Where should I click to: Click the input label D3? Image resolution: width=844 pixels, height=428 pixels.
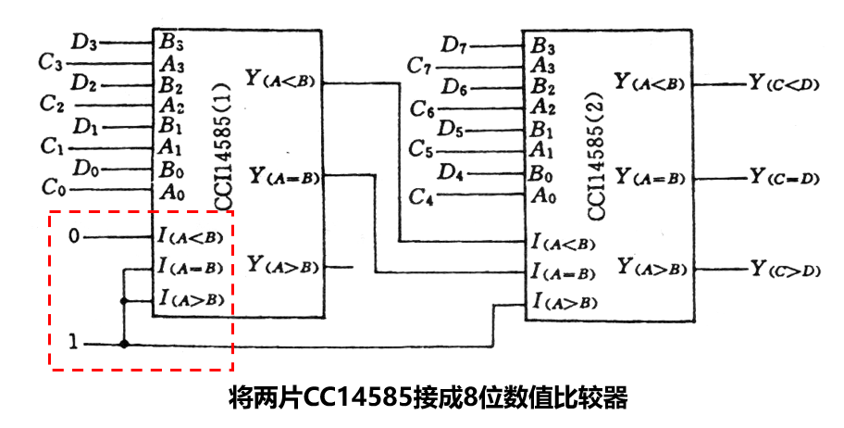[83, 42]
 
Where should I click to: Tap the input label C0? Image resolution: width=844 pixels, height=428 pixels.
[55, 188]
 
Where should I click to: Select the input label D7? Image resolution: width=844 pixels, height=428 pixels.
[453, 44]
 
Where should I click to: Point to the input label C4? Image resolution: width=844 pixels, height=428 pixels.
[421, 197]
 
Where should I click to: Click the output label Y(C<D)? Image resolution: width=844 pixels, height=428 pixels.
[784, 83]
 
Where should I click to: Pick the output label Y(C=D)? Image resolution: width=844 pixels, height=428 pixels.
[784, 176]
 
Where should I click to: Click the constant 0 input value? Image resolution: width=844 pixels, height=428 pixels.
[74, 236]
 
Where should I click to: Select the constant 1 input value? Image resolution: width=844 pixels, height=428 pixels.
[74, 342]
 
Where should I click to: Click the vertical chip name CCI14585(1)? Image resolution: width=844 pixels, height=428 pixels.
[222, 145]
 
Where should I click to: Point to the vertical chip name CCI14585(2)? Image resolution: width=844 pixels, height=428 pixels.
[596, 157]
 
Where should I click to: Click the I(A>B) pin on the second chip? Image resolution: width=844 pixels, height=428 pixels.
[564, 301]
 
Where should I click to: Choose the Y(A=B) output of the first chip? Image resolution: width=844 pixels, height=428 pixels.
[284, 176]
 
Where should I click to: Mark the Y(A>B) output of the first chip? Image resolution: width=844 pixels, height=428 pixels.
[282, 266]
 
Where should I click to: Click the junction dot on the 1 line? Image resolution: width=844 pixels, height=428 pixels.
[124, 344]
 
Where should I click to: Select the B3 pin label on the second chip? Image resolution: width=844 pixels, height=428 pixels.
[542, 45]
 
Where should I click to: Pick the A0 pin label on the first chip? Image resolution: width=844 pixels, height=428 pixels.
[172, 193]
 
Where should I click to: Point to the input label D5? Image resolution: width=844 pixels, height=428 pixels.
[450, 130]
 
